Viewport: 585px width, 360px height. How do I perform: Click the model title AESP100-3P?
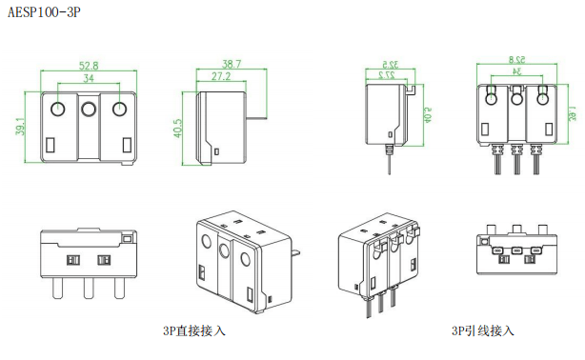(x=44, y=12)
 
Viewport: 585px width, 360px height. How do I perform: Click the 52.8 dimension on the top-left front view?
(x=89, y=66)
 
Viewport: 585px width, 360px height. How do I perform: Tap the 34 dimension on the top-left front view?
(x=89, y=78)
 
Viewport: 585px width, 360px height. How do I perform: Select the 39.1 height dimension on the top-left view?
(x=21, y=127)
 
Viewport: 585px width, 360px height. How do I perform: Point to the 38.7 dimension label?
(x=232, y=64)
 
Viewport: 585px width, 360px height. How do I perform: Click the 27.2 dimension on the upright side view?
(x=221, y=76)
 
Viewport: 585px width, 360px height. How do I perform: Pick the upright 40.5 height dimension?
(x=177, y=128)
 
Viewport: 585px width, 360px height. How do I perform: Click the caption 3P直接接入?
(x=194, y=330)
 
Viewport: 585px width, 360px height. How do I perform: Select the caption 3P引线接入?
(x=483, y=330)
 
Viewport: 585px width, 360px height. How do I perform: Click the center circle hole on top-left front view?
(x=89, y=110)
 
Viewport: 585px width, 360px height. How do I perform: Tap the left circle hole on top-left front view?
(x=57, y=109)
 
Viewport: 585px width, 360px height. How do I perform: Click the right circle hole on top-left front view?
(x=119, y=109)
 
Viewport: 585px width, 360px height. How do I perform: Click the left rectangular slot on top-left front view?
(x=50, y=145)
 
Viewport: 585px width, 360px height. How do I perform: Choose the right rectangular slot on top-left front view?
(x=127, y=145)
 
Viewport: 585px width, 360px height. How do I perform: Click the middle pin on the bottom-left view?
(x=89, y=289)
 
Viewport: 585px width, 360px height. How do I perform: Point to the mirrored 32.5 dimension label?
(x=391, y=64)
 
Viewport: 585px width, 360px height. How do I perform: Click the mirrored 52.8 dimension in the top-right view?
(x=517, y=59)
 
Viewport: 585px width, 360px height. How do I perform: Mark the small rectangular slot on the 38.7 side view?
(x=217, y=151)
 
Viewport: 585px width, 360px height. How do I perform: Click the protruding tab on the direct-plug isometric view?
(x=296, y=252)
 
